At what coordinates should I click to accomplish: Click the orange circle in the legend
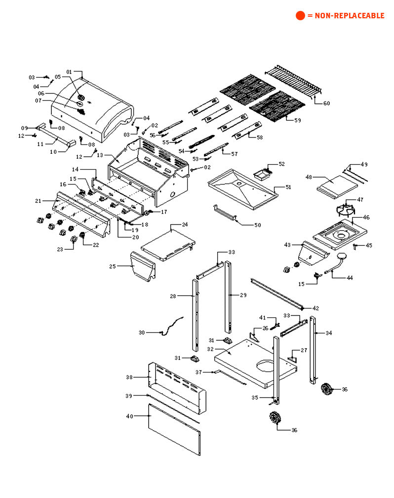(x=301, y=15)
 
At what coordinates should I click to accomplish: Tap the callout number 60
(x=326, y=103)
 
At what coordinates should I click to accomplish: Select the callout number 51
(x=289, y=187)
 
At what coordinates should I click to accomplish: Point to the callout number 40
(x=130, y=416)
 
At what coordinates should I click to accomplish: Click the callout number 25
(x=113, y=267)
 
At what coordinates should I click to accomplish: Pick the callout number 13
(x=100, y=155)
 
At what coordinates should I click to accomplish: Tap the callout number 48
(x=309, y=177)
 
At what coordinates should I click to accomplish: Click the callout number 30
(x=142, y=333)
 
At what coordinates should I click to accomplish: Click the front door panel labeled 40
(x=175, y=429)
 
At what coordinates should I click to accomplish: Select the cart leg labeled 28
(x=195, y=315)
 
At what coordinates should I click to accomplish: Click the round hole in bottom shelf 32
(x=266, y=366)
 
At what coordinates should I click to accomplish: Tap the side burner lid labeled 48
(x=337, y=186)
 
